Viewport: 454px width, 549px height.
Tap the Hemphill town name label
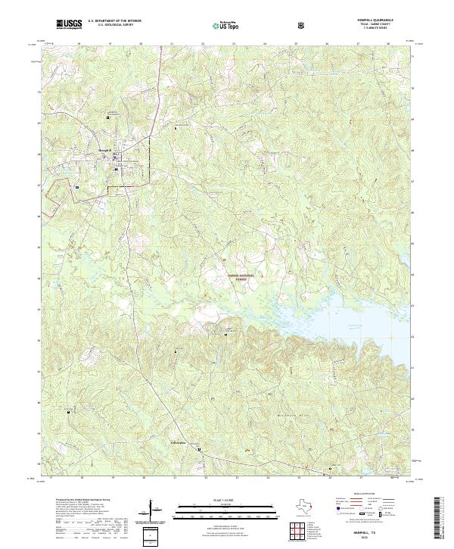105,151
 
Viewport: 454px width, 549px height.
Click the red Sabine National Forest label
238,277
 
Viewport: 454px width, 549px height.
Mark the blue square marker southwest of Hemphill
77,184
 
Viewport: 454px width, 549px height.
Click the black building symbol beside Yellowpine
200,450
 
